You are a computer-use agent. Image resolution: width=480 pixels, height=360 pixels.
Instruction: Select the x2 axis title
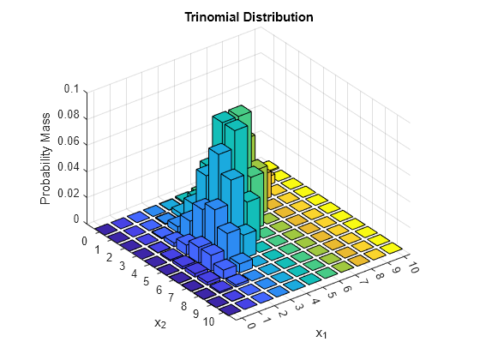click(159, 323)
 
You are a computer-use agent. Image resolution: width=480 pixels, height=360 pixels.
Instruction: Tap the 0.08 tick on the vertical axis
click(68, 115)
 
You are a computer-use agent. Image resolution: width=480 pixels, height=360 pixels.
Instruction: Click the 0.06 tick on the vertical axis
click(68, 141)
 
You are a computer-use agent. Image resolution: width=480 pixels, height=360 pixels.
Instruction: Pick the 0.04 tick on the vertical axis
click(68, 168)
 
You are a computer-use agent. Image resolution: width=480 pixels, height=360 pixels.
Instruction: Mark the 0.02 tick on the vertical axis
click(68, 195)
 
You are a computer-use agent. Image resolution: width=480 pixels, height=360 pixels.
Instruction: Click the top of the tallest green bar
click(239, 110)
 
